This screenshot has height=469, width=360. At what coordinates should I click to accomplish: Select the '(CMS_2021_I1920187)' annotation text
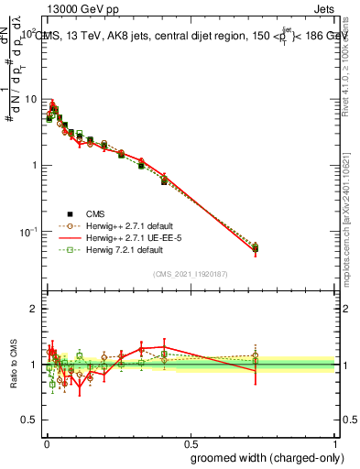190,273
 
